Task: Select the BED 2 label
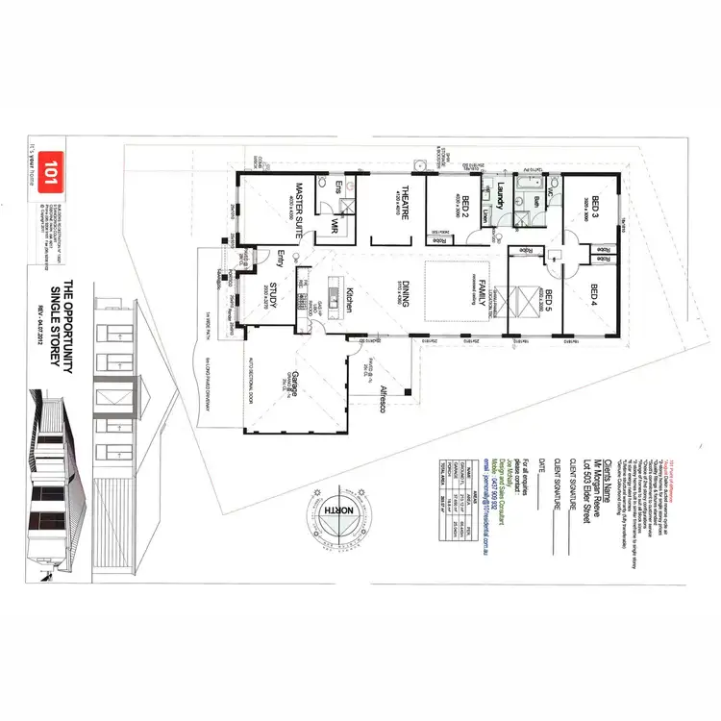465,206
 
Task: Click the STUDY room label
272,294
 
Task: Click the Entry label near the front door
281,258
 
